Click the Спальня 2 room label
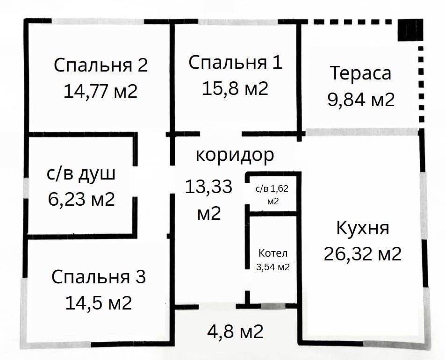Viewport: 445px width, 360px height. click(x=100, y=65)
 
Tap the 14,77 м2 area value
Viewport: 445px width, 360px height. click(x=100, y=91)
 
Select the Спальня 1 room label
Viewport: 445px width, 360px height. click(x=236, y=63)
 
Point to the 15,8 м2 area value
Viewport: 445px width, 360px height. click(x=235, y=88)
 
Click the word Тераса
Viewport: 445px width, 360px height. click(x=360, y=73)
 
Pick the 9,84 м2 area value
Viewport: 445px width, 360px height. click(x=361, y=100)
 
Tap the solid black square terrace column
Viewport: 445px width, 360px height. click(x=410, y=31)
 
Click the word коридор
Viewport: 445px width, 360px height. click(x=234, y=155)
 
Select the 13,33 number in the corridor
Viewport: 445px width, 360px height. click(x=208, y=187)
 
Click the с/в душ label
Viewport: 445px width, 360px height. click(x=81, y=174)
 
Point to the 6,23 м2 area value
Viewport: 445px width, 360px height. click(x=81, y=200)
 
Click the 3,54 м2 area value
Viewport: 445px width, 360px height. click(x=274, y=267)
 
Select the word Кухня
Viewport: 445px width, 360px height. click(x=362, y=229)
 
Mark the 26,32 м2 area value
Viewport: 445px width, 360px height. click(x=362, y=254)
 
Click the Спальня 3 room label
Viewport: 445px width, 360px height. click(x=99, y=277)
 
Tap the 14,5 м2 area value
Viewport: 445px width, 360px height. click(x=98, y=303)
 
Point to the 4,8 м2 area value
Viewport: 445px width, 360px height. click(x=235, y=332)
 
